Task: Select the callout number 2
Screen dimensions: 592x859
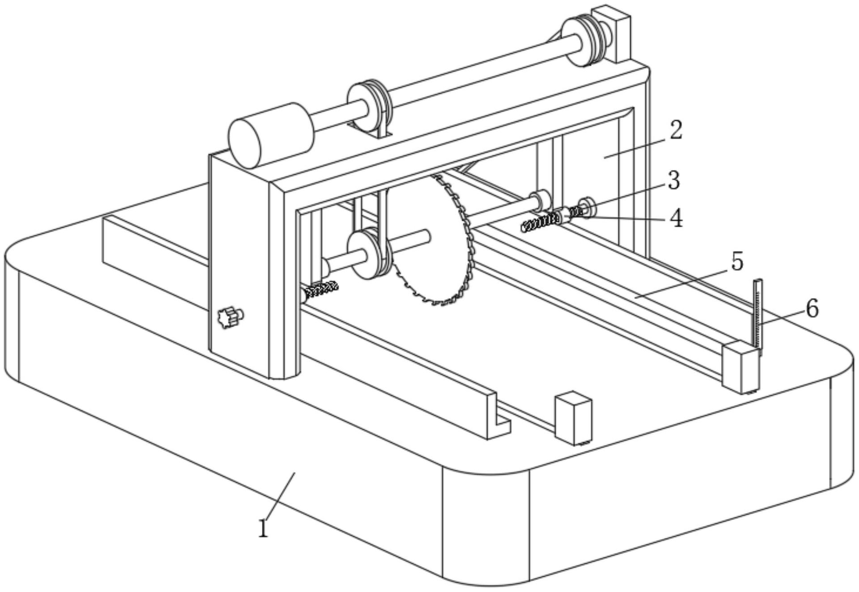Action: click(x=675, y=130)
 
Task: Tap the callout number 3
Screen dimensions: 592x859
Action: click(x=673, y=181)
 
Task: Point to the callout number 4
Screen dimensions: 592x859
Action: click(x=676, y=219)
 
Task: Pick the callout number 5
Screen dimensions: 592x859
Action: click(x=737, y=261)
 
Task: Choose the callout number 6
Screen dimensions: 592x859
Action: click(x=812, y=309)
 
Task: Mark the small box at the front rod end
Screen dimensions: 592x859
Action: click(x=573, y=419)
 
